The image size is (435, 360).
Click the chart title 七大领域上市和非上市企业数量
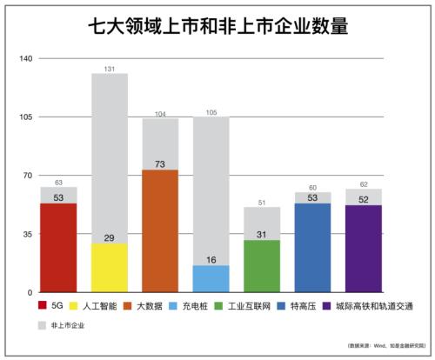[x=217, y=27]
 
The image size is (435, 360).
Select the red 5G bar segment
[x=58, y=248]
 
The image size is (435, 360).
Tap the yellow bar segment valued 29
[x=110, y=268]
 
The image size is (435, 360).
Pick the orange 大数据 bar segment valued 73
[x=160, y=230]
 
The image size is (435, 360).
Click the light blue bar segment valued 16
[x=211, y=279]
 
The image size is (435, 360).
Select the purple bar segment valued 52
[x=364, y=249]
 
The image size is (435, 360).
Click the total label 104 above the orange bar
[x=160, y=114]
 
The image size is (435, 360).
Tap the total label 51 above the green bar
[x=262, y=203]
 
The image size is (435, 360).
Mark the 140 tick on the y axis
[x=24, y=59]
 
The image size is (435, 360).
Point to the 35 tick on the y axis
[x=26, y=235]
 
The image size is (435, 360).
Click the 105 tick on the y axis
[x=24, y=117]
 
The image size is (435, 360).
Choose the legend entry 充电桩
[x=198, y=306]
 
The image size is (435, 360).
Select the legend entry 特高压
[x=297, y=306]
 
